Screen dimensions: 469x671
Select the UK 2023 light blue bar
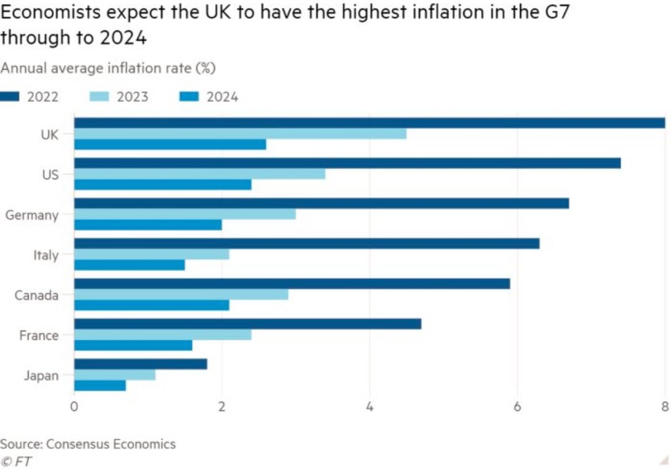[240, 134]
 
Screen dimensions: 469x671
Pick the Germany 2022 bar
[321, 203]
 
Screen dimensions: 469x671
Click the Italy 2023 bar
[151, 254]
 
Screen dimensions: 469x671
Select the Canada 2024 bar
[151, 305]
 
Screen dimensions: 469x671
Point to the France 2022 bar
[247, 324]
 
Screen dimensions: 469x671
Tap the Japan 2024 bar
[99, 386]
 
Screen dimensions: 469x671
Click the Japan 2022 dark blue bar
[140, 364]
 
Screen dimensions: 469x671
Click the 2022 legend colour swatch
[10, 97]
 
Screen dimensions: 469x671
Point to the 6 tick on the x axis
[517, 406]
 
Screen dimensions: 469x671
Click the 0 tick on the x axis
[74, 406]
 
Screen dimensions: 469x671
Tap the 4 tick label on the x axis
[369, 406]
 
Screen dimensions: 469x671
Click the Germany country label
[32, 215]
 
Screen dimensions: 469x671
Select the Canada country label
[36, 295]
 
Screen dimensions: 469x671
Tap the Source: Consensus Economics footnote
[88, 444]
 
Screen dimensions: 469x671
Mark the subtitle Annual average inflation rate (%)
[108, 68]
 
